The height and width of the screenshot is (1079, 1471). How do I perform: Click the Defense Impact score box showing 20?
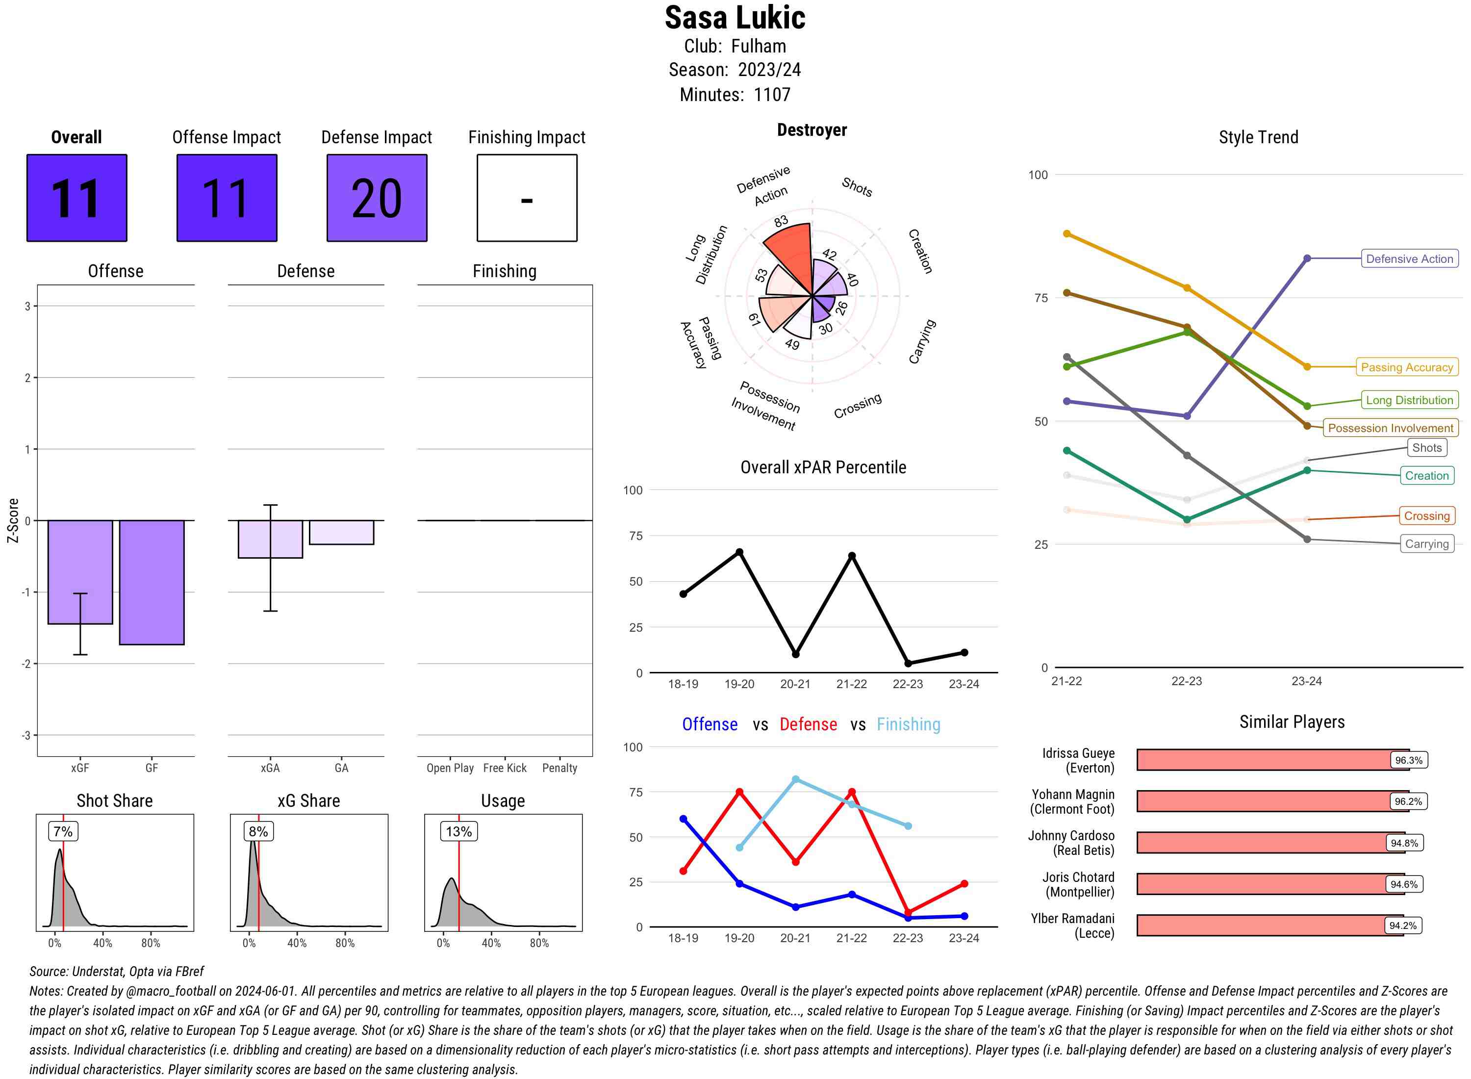tap(377, 198)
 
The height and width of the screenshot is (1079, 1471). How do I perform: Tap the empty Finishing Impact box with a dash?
tap(527, 198)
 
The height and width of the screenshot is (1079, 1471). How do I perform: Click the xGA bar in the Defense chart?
tap(270, 539)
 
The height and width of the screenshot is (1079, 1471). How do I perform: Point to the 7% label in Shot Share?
tap(63, 831)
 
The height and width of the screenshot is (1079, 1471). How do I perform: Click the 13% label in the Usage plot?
tap(458, 831)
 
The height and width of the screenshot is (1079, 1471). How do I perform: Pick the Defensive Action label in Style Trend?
tap(1409, 258)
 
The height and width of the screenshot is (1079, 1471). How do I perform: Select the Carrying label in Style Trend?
tap(1426, 544)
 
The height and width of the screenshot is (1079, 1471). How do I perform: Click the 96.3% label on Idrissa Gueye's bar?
tap(1408, 760)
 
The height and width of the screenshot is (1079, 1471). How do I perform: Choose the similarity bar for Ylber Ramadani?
tap(1269, 925)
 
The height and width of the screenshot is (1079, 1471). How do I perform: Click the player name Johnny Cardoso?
tap(1071, 836)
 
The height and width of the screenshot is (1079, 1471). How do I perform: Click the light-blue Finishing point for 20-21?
tap(795, 779)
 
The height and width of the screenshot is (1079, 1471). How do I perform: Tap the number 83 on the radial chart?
tap(781, 221)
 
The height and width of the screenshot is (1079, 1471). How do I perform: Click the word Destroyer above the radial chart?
tap(812, 130)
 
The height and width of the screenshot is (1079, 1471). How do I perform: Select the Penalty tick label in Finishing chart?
tap(559, 768)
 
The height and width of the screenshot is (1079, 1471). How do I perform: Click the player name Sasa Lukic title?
tap(735, 18)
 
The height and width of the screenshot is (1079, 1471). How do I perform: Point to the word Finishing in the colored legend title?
tap(908, 724)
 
